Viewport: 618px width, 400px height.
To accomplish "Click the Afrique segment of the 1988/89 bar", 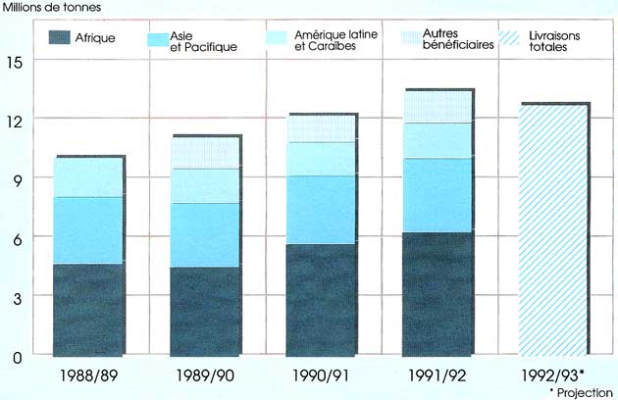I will pyautogui.click(x=88, y=309).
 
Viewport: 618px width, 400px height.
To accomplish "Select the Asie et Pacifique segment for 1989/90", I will pyautogui.click(x=204, y=235).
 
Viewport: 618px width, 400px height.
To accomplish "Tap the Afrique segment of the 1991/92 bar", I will pyautogui.click(x=438, y=293).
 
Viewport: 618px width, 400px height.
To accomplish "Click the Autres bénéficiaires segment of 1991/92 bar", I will pyautogui.click(x=438, y=107).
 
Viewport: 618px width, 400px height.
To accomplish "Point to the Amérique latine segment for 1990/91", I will pyautogui.click(x=321, y=159).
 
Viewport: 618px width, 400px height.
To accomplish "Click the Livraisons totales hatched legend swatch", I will pyautogui.click(x=520, y=39).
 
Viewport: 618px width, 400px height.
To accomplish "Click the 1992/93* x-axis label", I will pyautogui.click(x=555, y=375).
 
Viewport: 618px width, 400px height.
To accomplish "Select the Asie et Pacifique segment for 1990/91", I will pyautogui.click(x=321, y=210).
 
